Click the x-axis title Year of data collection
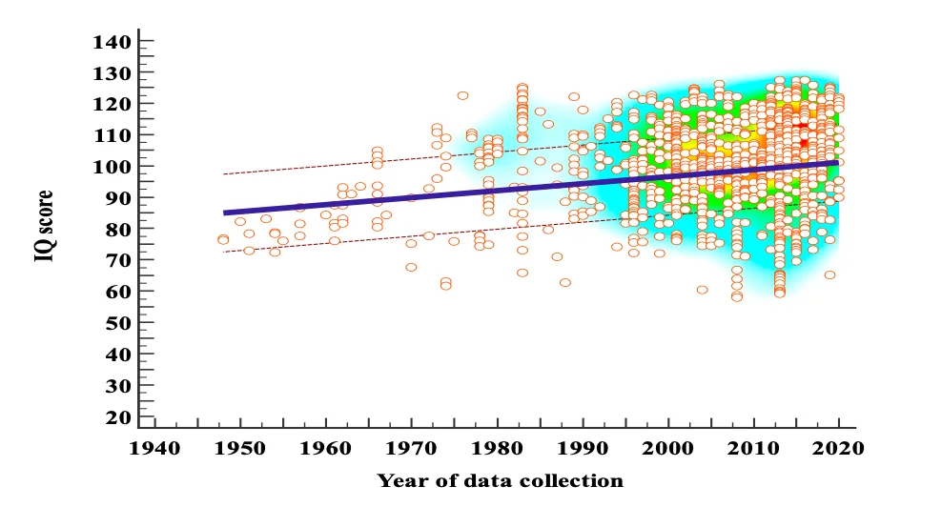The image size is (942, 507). pyautogui.click(x=500, y=481)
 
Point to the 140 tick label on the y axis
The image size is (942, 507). pyautogui.click(x=112, y=42)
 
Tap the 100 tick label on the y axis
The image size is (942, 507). pyautogui.click(x=112, y=167)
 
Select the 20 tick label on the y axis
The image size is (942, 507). pyautogui.click(x=117, y=417)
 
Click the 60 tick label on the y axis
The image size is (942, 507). pyautogui.click(x=117, y=293)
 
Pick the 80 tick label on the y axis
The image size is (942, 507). pyautogui.click(x=117, y=230)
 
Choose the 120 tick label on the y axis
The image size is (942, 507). pyautogui.click(x=112, y=104)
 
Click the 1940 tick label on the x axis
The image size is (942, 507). pyautogui.click(x=156, y=446)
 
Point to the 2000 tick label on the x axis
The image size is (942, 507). pyautogui.click(x=668, y=446)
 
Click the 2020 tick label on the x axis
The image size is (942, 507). pyautogui.click(x=838, y=446)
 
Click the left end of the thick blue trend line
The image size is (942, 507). pyautogui.click(x=225, y=213)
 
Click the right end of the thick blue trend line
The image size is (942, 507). pyautogui.click(x=838, y=162)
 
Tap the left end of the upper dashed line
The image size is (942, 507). pyautogui.click(x=224, y=174)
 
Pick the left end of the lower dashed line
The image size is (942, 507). pyautogui.click(x=224, y=252)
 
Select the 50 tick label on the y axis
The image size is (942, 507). pyautogui.click(x=117, y=324)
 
